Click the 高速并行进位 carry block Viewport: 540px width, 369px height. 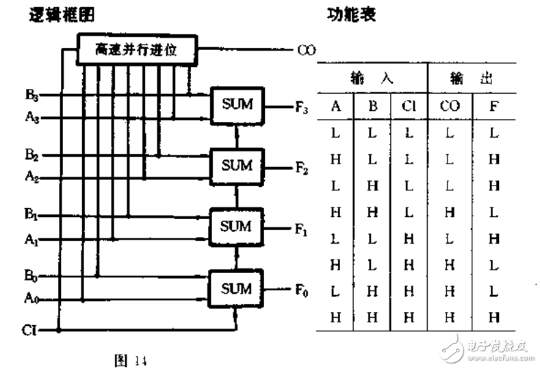point(136,50)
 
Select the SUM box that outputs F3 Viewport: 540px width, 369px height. point(236,105)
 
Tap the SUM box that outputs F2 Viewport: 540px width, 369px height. point(236,166)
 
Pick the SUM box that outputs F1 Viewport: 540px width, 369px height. point(236,226)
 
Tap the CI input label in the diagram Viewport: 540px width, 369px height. point(28,330)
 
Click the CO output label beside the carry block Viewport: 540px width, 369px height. point(305,50)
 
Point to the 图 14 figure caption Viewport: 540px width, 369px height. point(130,357)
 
